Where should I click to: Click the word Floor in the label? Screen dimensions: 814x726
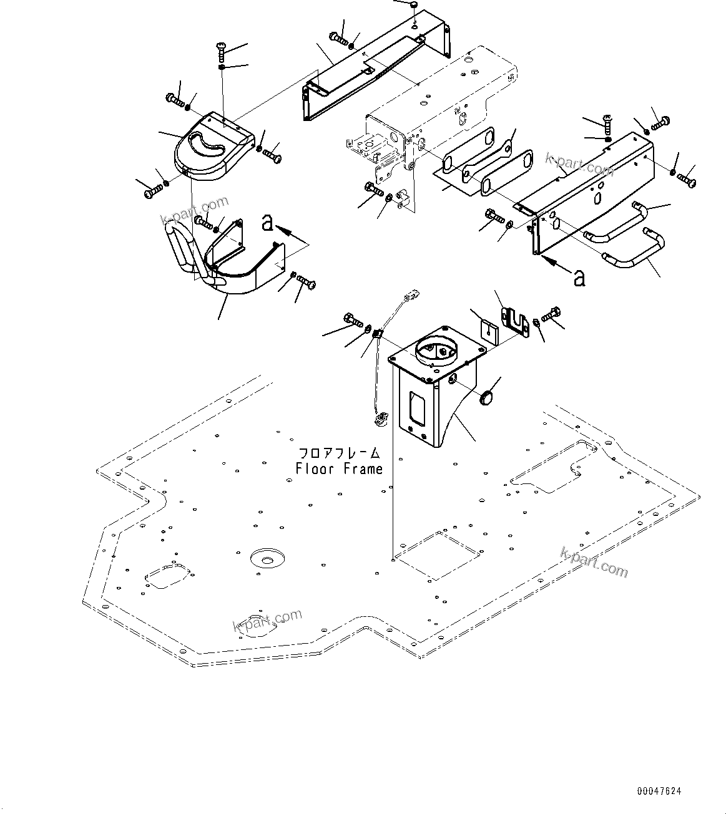pyautogui.click(x=316, y=468)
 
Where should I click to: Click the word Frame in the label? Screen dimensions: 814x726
pyautogui.click(x=361, y=468)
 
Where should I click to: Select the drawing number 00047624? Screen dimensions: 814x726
pyautogui.click(x=659, y=791)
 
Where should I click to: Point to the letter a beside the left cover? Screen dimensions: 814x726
pyautogui.click(x=268, y=221)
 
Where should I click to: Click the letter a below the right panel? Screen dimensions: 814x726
pyautogui.click(x=580, y=278)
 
